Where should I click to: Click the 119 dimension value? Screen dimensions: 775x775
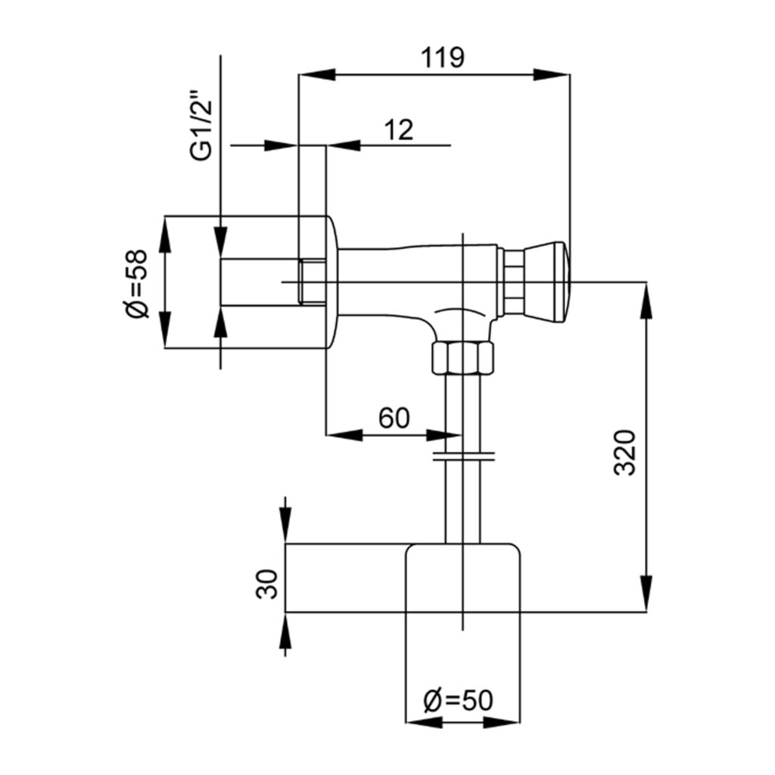click(442, 58)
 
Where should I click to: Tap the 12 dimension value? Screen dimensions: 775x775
click(398, 129)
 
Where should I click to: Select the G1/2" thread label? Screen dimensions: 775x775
click(201, 125)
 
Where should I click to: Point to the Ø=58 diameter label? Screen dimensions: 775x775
click(137, 284)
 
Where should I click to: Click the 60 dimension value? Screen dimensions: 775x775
click(394, 418)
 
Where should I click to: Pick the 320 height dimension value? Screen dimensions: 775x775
click(624, 453)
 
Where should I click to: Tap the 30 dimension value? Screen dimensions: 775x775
click(267, 585)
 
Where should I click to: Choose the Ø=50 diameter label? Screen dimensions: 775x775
click(458, 700)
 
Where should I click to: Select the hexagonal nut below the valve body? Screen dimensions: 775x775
click(462, 357)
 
